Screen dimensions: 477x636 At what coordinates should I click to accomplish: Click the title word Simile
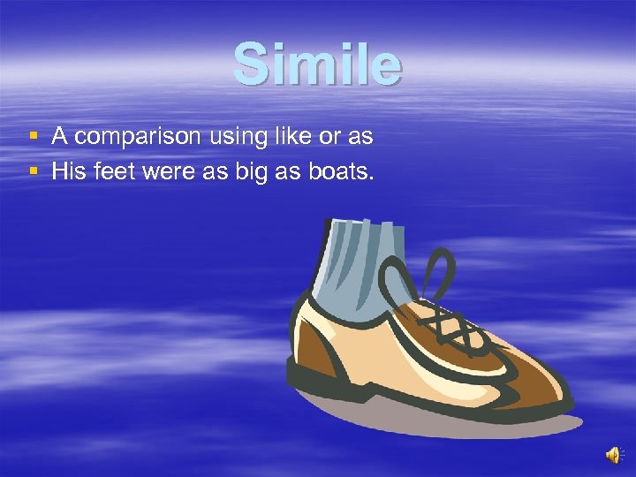click(317, 64)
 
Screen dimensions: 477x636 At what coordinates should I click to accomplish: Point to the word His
click(66, 170)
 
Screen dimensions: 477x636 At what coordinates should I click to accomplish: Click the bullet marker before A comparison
click(33, 137)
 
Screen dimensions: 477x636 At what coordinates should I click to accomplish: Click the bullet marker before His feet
click(33, 170)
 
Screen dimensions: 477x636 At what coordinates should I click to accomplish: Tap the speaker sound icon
click(613, 455)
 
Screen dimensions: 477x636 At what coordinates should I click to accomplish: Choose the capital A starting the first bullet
click(59, 137)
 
